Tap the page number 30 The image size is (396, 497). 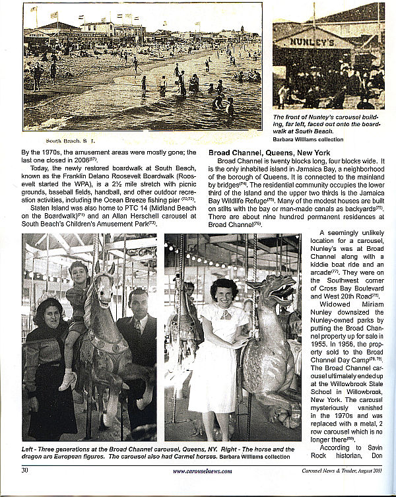click(24, 471)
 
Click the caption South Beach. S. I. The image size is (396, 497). click(66, 140)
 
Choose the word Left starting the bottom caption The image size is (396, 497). click(28, 447)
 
